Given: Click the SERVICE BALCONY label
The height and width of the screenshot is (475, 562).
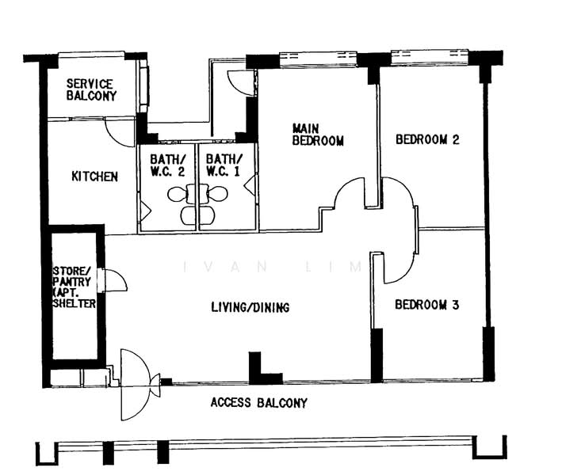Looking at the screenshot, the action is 91,89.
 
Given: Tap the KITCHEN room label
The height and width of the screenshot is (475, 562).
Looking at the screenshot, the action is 94,177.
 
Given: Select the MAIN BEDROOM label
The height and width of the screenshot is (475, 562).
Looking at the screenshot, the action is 318,135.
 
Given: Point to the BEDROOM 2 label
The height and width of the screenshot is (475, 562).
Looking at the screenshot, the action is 427,139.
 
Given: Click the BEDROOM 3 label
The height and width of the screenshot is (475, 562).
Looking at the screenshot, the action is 427,305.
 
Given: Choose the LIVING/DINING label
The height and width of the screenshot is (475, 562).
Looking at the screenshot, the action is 250,307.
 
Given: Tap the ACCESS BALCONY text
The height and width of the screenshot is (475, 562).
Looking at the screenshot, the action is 258,403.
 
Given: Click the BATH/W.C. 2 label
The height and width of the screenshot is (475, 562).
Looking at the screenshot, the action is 168,165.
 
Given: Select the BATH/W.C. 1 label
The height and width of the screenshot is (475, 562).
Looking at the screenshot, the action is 224,165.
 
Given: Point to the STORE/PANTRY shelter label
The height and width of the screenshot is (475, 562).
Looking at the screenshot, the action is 75,287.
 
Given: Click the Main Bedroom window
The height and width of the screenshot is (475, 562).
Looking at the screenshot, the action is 318,59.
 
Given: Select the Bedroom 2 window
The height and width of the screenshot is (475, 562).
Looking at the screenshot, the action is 430,57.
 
